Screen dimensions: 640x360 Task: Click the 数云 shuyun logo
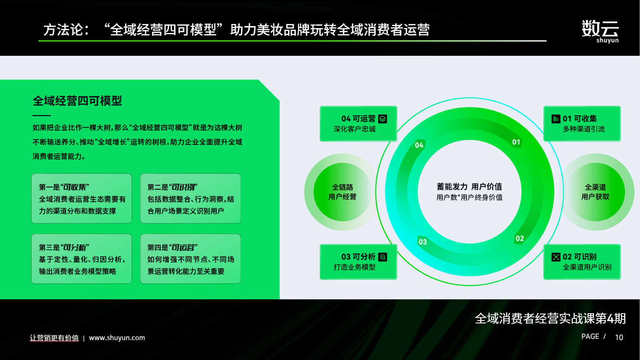pyautogui.click(x=600, y=31)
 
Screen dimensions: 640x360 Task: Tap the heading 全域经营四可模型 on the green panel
pyautogui.click(x=77, y=101)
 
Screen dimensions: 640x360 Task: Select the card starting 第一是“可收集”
pyautogui.click(x=82, y=198)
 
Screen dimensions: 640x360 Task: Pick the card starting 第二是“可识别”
pyautogui.click(x=191, y=198)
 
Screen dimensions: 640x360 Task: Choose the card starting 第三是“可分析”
pyautogui.click(x=82, y=259)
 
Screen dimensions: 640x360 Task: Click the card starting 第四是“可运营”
pyautogui.click(x=191, y=259)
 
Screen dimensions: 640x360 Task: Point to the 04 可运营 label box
pyautogui.click(x=358, y=124)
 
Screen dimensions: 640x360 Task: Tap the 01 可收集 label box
pyautogui.click(x=582, y=124)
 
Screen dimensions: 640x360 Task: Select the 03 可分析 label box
pyautogui.click(x=358, y=262)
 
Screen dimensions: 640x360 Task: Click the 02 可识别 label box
pyautogui.click(x=582, y=262)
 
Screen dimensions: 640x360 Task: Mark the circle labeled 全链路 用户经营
pyautogui.click(x=342, y=192)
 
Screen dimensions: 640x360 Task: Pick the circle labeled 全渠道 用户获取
pyautogui.click(x=596, y=192)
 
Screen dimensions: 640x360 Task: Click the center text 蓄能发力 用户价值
pyautogui.click(x=469, y=187)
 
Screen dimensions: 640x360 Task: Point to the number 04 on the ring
pyautogui.click(x=419, y=145)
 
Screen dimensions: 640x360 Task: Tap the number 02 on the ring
pyautogui.click(x=520, y=239)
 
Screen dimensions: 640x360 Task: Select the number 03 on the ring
pyautogui.click(x=423, y=242)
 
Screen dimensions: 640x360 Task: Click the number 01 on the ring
pyautogui.click(x=516, y=142)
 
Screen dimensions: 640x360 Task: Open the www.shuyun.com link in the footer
pyautogui.click(x=117, y=338)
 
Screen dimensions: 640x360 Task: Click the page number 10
pyautogui.click(x=619, y=338)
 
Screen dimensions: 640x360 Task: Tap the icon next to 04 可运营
pyautogui.click(x=383, y=119)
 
